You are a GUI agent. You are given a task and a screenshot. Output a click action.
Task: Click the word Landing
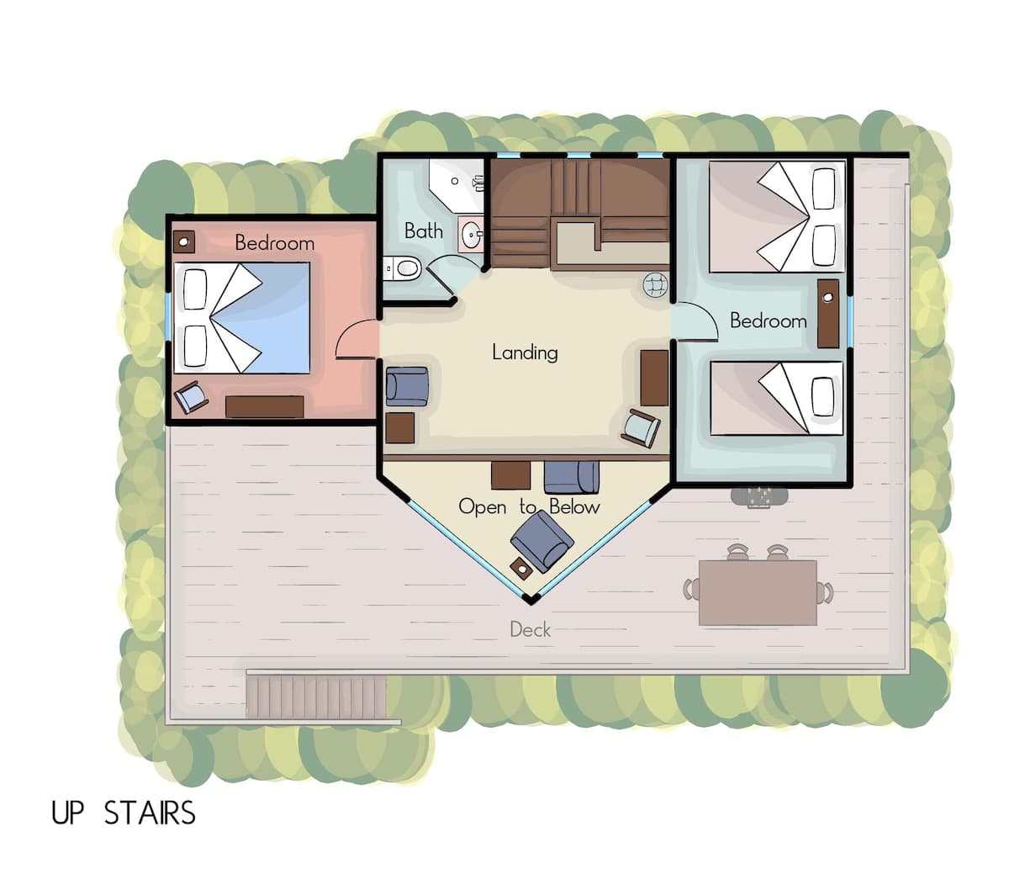(x=525, y=352)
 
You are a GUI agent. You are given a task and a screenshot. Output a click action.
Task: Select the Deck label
(x=530, y=629)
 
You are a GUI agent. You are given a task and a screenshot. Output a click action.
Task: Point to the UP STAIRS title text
(x=124, y=813)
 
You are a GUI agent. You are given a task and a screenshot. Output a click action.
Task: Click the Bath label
(x=424, y=230)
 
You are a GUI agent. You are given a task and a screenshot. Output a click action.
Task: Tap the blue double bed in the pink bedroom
(x=242, y=318)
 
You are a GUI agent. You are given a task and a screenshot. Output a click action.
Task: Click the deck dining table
(x=758, y=592)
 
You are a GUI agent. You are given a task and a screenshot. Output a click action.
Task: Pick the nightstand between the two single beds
(x=828, y=314)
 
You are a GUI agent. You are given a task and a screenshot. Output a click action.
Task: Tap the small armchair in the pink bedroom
(x=191, y=396)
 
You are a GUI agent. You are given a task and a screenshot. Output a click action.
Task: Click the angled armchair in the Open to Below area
(x=541, y=541)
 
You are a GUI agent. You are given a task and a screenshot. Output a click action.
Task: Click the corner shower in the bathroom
(x=457, y=186)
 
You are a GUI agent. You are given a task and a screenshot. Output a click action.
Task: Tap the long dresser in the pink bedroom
(x=265, y=407)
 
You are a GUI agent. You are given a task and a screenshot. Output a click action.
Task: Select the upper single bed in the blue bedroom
(x=777, y=216)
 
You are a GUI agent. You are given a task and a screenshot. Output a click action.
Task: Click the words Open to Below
(x=529, y=507)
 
